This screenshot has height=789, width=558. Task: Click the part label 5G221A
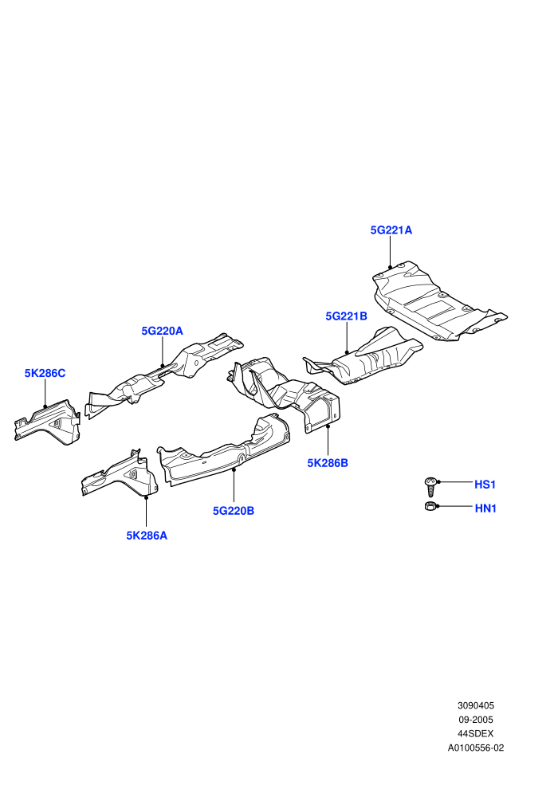coord(391,230)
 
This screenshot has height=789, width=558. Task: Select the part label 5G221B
coord(346,316)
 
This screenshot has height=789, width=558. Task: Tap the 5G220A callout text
coord(162,331)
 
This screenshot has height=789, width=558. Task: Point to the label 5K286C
coord(45,373)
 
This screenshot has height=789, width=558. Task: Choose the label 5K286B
coord(328,462)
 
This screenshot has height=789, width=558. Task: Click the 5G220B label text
coord(234,511)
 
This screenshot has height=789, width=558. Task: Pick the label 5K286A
coord(147,536)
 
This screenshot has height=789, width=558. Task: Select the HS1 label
coord(485,485)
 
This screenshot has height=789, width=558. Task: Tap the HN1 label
coord(485,508)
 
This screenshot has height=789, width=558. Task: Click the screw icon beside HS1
coord(430,487)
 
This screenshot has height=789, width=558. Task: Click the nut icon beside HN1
coord(430,506)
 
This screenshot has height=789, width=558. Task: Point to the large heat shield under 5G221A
coord(438,301)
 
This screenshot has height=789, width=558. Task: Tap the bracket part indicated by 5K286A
coord(120,475)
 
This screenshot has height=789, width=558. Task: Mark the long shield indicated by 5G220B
coord(223,450)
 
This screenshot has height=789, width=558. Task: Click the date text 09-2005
coord(475,720)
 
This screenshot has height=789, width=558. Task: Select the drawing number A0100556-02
coord(475,748)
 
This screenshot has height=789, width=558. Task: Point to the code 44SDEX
coord(475,734)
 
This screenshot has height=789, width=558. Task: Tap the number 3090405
coord(475,705)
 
